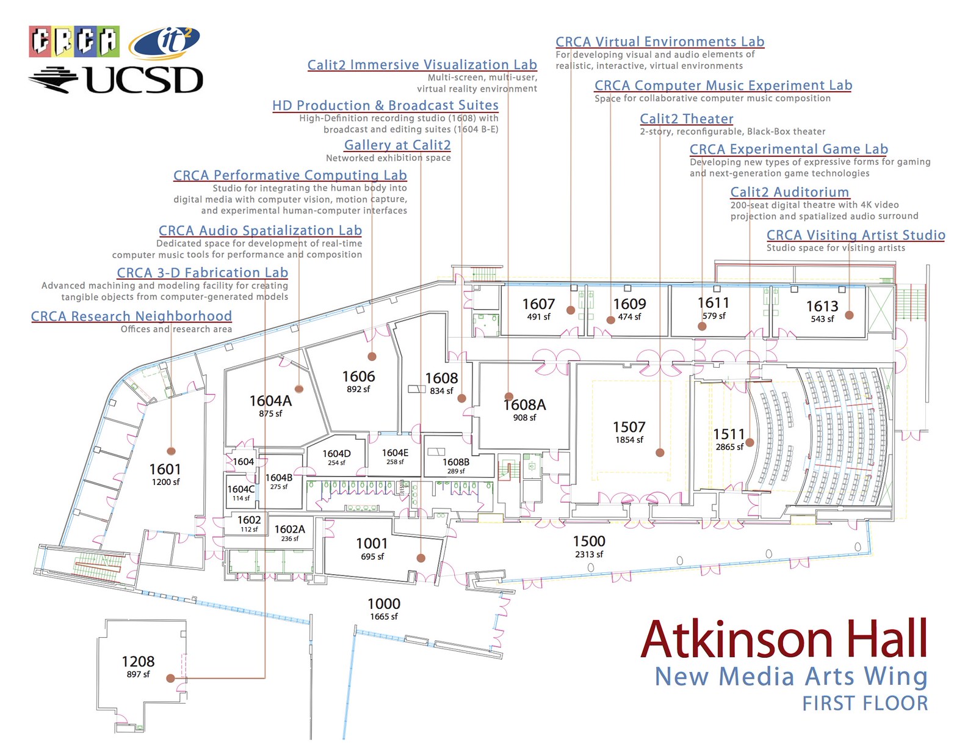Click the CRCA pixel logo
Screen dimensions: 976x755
tap(74, 42)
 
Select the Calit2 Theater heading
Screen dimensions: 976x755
tap(686, 119)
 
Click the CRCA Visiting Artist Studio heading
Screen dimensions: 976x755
tap(856, 235)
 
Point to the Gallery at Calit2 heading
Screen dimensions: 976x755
tap(397, 145)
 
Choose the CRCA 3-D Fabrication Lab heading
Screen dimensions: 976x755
tap(203, 272)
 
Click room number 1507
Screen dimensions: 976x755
tap(629, 426)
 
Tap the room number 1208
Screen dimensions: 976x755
tap(138, 661)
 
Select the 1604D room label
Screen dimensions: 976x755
tap(336, 453)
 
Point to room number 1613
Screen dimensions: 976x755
tap(822, 306)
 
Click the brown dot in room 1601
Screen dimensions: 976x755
tap(171, 451)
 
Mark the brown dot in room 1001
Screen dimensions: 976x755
tap(421, 558)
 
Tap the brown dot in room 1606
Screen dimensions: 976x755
tap(372, 356)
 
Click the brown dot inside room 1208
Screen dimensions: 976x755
tap(171, 678)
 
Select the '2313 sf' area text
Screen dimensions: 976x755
tap(589, 554)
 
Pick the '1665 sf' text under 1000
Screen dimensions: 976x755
tap(383, 616)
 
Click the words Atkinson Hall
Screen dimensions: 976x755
tap(784, 638)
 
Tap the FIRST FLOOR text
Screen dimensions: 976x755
tap(865, 703)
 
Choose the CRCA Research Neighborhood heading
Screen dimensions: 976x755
tap(131, 316)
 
